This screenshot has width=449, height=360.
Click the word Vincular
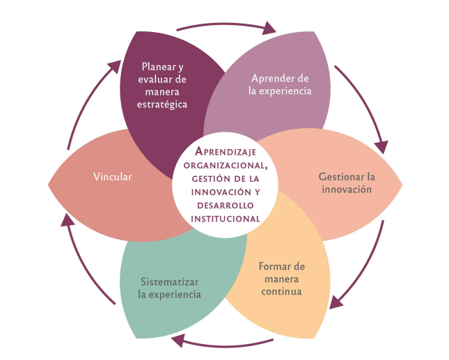click(113, 176)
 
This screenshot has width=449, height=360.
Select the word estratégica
click(163, 104)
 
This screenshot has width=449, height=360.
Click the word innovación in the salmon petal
click(347, 189)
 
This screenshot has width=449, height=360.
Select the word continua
click(282, 291)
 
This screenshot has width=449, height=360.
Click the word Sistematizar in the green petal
click(169, 282)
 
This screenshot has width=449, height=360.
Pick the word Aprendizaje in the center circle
click(224, 151)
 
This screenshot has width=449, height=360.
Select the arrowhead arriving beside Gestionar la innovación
click(381, 147)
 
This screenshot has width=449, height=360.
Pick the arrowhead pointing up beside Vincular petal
click(65, 220)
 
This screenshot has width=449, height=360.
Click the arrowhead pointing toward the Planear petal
click(113, 65)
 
